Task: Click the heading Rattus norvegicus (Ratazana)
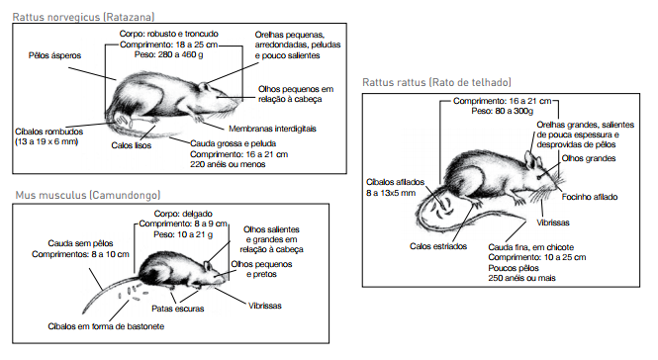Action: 83,17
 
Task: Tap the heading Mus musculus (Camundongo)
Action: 88,195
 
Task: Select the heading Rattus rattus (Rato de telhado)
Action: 436,82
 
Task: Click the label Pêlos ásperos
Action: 55,55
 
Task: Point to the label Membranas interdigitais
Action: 272,129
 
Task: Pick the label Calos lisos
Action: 132,145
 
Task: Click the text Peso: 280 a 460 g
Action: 169,54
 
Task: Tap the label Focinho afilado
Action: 590,197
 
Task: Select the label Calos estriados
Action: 438,246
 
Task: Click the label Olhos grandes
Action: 589,158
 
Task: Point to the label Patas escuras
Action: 178,309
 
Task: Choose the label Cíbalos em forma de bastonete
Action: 106,326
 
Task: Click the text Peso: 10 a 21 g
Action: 183,234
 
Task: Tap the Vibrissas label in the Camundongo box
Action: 265,306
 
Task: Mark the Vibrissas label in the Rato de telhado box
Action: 553,223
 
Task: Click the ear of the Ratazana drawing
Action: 204,87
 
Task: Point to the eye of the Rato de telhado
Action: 540,177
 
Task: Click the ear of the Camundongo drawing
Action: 208,266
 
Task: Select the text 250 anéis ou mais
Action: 521,278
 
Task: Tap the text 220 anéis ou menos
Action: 228,164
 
